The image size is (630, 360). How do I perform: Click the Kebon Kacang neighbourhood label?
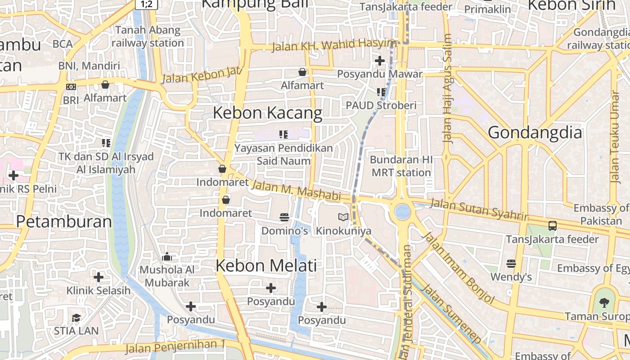pyautogui.click(x=267, y=113)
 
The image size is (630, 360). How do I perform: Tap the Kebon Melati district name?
pyautogui.click(x=266, y=265)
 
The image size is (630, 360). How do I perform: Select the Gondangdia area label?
pyautogui.click(x=535, y=133)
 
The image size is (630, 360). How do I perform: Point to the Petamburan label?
pyautogui.click(x=64, y=221)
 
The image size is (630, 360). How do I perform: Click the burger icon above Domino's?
pyautogui.click(x=284, y=217)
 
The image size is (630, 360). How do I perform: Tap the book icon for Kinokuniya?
pyautogui.click(x=343, y=217)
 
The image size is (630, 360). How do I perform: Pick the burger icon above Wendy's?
pyautogui.click(x=511, y=263)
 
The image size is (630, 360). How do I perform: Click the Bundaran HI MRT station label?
pyautogui.click(x=401, y=166)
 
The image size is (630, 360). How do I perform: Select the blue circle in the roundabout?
pyautogui.click(x=402, y=211)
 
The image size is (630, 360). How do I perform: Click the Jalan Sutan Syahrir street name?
pyautogui.click(x=479, y=209)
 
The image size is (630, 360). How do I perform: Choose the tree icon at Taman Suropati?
pyautogui.click(x=604, y=302)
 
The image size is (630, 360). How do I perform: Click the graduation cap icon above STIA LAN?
pyautogui.click(x=76, y=318)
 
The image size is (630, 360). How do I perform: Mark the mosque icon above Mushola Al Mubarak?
pyautogui.click(x=167, y=257)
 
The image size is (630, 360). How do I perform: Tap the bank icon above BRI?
pyautogui.click(x=71, y=87)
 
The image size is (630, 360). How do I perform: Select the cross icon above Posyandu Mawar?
pyautogui.click(x=380, y=60)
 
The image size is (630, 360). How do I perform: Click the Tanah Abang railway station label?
pyautogui.click(x=148, y=36)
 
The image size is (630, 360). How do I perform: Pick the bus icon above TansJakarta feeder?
pyautogui.click(x=552, y=226)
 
